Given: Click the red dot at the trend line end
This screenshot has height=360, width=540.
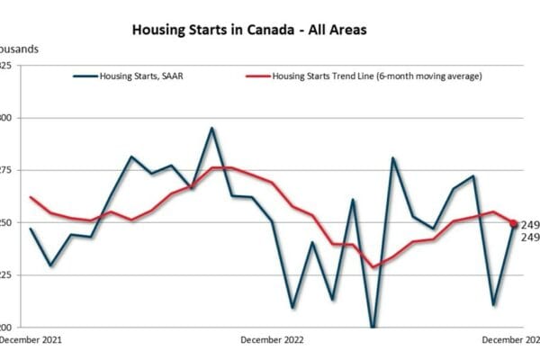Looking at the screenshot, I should coord(514,223).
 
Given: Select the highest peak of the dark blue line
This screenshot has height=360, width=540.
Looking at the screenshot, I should coord(211,128).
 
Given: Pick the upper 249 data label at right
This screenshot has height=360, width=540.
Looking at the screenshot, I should coord(530,224).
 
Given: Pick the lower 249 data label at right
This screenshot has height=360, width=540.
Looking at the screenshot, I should coord(530,238).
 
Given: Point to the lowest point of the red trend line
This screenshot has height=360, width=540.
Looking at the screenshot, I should coord(373,266).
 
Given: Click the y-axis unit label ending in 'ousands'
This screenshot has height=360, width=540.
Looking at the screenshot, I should coord(18,49).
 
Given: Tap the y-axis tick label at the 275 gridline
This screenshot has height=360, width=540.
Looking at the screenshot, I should coord(4,170).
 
